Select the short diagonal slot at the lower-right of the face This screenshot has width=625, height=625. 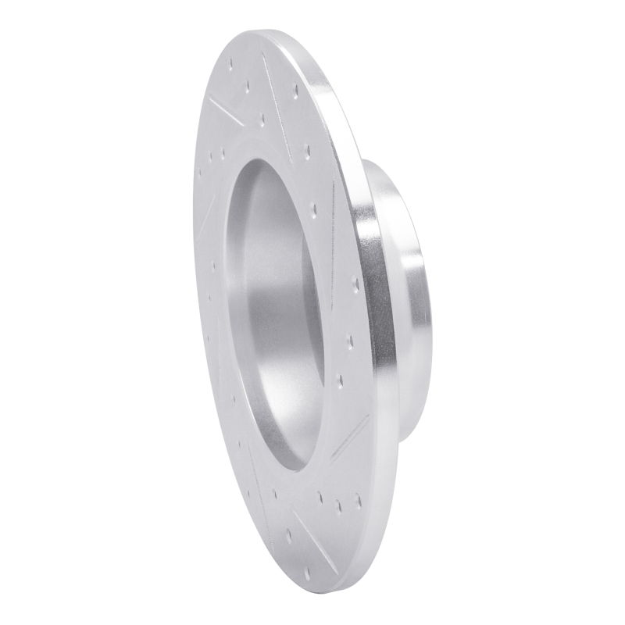point(350,437)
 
